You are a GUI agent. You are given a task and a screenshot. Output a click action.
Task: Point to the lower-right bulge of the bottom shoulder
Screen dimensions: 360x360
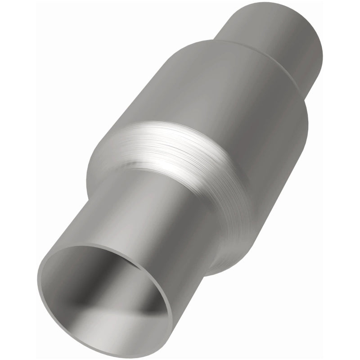click(x=238, y=243)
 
